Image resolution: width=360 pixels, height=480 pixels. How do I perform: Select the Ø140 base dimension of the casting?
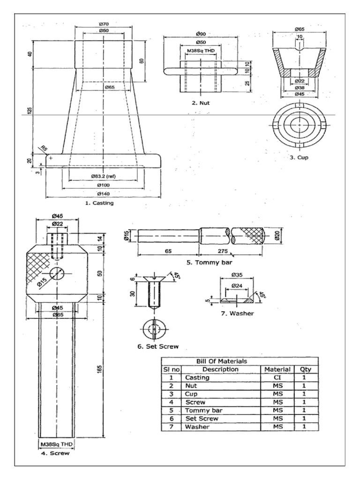click(x=103, y=194)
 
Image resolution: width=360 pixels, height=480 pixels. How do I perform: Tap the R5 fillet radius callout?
click(x=43, y=149)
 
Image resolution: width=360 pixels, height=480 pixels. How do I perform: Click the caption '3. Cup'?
click(x=299, y=157)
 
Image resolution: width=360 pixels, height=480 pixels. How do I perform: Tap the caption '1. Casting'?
click(x=99, y=203)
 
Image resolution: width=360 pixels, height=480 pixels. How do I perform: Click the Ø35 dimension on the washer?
click(x=236, y=275)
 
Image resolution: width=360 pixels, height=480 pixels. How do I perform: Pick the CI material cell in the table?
click(x=277, y=377)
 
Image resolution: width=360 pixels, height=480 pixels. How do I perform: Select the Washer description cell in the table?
click(x=197, y=427)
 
